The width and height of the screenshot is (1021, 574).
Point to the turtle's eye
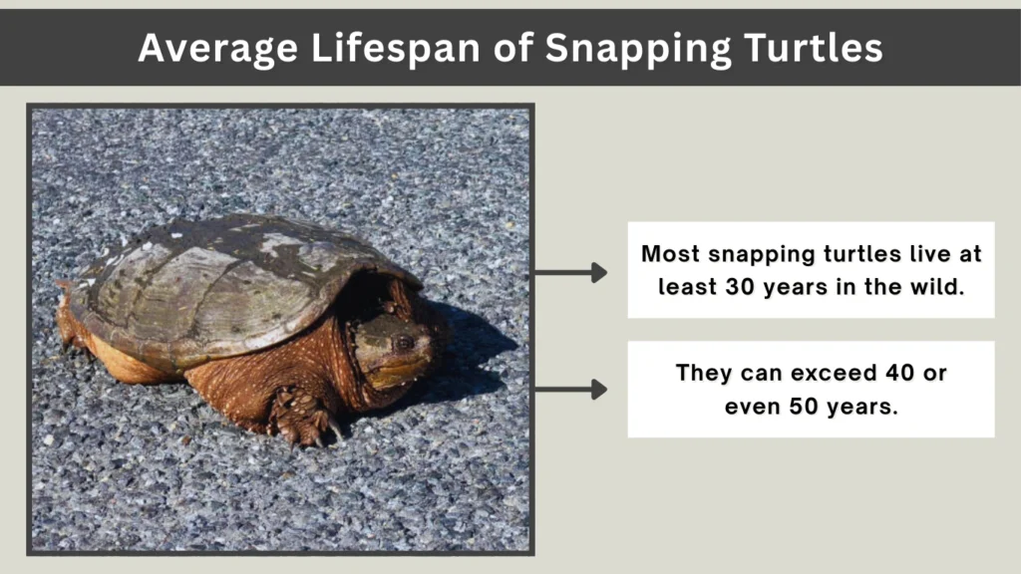point(403,343)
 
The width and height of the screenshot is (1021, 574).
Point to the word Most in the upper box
point(669,254)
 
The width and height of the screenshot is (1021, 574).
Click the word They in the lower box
point(703,374)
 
